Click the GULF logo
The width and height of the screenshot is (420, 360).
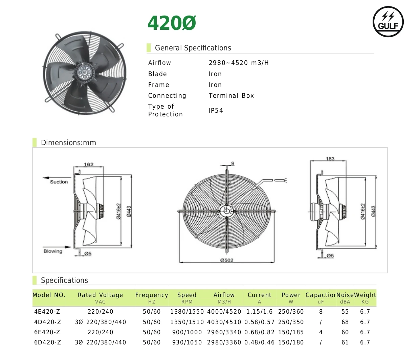pos(388,22)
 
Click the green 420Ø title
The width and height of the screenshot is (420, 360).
pos(172,23)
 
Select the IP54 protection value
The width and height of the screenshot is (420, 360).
pos(216,111)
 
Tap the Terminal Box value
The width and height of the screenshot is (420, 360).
pos(231,96)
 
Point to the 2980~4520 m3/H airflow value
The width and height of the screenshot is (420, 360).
pos(239,63)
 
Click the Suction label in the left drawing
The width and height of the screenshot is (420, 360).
pos(59,182)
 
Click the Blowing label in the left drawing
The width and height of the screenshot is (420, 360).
pos(53,251)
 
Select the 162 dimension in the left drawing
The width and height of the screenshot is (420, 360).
pos(89,164)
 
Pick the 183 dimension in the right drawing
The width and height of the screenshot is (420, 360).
pos(330,159)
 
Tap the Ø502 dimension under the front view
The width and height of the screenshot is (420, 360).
pos(226,260)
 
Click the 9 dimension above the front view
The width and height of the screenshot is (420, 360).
pos(233,164)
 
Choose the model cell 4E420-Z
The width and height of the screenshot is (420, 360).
pos(47,312)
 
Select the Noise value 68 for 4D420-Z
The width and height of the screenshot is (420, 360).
pos(345,322)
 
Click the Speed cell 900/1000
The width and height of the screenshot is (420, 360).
pos(187,332)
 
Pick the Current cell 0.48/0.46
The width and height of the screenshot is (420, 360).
pos(259,342)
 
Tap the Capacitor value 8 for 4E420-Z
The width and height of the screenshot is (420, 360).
pos(320,312)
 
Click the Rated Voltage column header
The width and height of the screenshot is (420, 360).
pos(100,295)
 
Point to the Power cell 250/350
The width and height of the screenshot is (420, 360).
pos(291,322)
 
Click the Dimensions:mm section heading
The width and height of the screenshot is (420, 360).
pos(68,143)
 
